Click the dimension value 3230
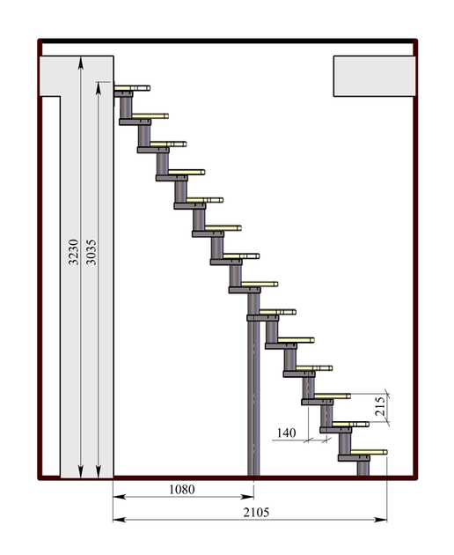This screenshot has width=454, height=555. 74,252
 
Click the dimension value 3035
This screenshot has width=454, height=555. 92,252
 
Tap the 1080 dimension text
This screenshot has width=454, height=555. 182,489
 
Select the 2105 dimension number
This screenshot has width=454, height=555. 256,512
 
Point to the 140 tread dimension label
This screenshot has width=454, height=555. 286,433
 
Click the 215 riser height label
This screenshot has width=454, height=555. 379,406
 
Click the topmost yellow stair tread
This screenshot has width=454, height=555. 132,88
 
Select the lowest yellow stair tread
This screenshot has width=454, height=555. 369,452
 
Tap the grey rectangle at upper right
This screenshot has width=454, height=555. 375,76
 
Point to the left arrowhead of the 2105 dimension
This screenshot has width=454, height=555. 119,520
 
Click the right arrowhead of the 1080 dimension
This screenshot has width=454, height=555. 247,497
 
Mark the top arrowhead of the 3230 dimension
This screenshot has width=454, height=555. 81,63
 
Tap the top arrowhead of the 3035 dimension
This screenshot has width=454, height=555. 99,88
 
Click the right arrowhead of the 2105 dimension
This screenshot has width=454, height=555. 380,520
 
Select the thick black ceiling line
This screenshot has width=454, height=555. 227,41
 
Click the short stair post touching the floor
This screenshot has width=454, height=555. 363,468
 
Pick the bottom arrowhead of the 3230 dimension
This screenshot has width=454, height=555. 81,471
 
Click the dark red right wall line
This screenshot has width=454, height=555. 416,260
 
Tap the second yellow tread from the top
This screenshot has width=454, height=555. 150,116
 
